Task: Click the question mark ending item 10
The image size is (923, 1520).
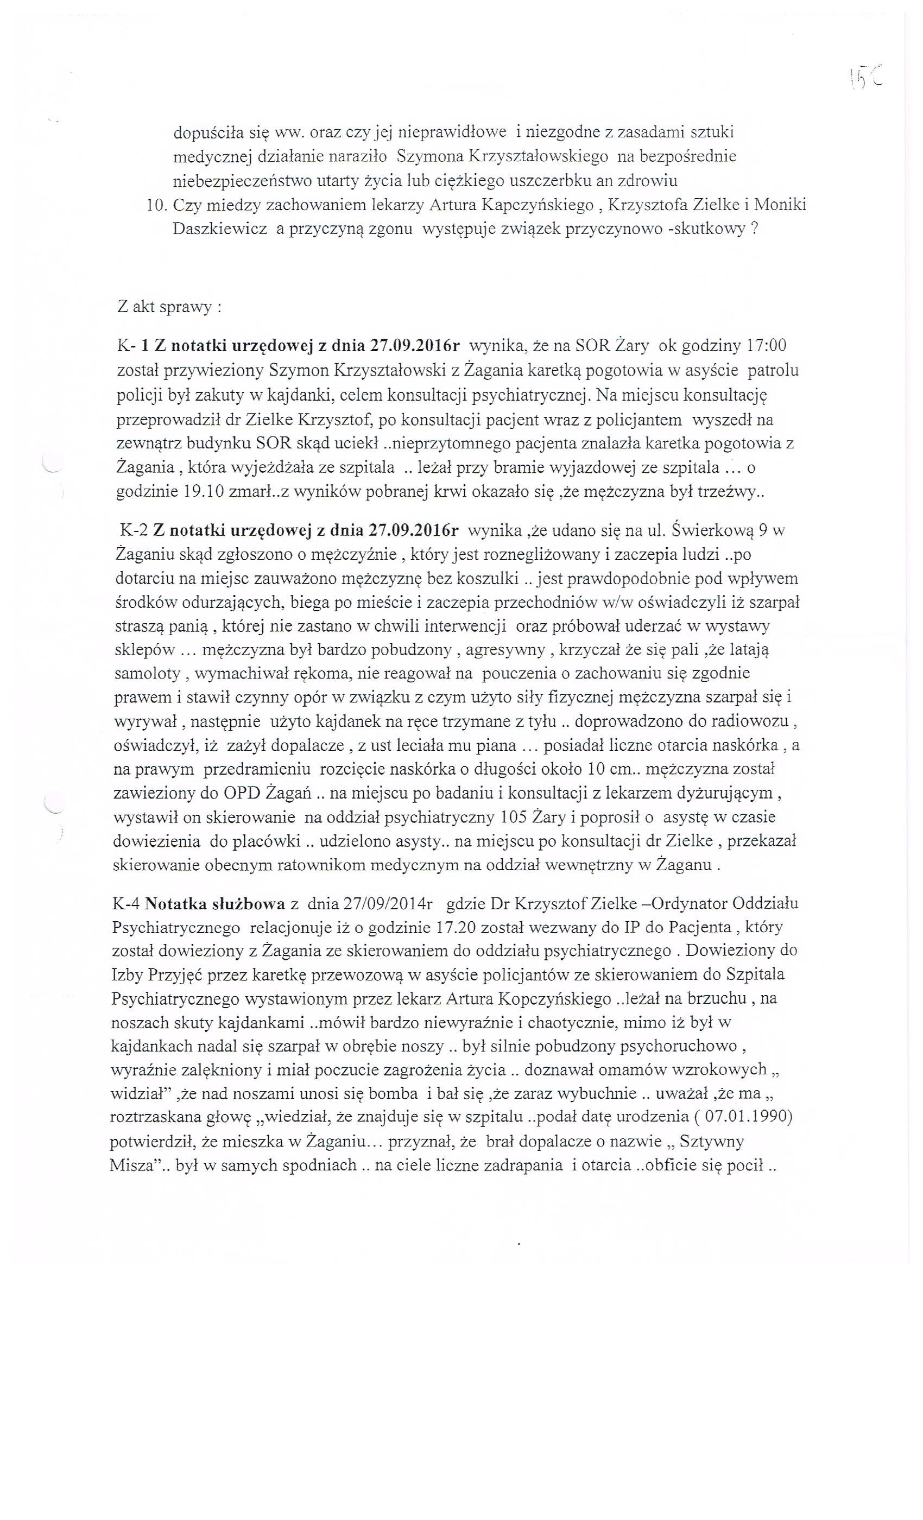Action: (x=754, y=229)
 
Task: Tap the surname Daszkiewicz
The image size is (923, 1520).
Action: (x=220, y=229)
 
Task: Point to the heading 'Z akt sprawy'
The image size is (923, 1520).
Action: (x=169, y=307)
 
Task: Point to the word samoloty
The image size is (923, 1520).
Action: (x=146, y=673)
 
